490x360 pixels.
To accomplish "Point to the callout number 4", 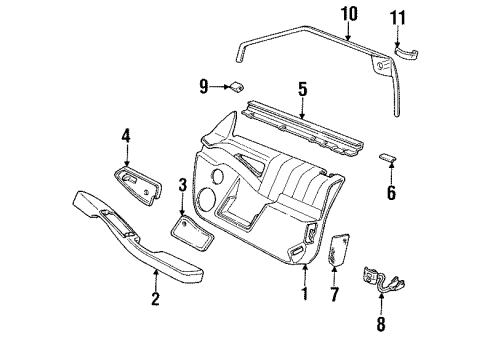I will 126,134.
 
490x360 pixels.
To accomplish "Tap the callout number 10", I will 349,13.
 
